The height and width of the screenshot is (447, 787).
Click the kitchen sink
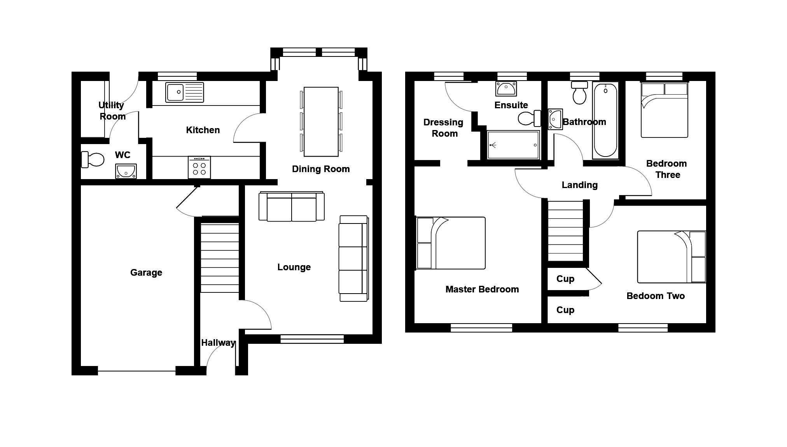click(x=184, y=92)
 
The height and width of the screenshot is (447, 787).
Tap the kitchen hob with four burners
click(x=199, y=167)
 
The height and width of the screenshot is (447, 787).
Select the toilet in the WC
click(x=93, y=160)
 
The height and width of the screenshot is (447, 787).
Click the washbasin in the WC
click(x=126, y=171)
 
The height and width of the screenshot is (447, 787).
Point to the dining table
click(x=321, y=121)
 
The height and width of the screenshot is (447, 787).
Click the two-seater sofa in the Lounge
click(x=292, y=206)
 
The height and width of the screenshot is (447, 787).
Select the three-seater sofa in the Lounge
click(x=353, y=259)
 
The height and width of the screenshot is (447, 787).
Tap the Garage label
click(x=146, y=273)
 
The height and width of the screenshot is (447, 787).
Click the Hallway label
click(x=218, y=343)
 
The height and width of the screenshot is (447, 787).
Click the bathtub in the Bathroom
click(x=605, y=120)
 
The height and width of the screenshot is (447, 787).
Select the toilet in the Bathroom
click(x=579, y=93)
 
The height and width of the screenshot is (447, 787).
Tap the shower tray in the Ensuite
click(x=513, y=145)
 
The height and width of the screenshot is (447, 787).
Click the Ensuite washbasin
click(x=506, y=89)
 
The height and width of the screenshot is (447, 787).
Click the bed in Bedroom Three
click(x=665, y=110)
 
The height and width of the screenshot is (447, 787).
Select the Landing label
click(x=580, y=185)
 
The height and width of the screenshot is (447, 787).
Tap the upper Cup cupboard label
click(x=565, y=279)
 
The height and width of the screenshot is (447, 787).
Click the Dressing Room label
click(x=444, y=128)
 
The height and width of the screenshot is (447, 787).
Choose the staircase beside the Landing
click(x=566, y=231)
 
